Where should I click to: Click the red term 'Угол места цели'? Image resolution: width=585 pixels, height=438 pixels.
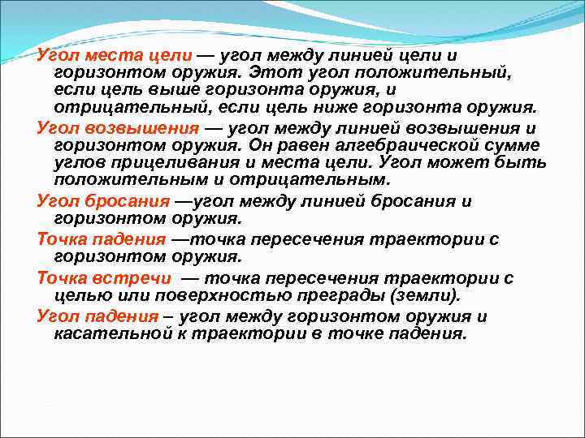tap(115, 55)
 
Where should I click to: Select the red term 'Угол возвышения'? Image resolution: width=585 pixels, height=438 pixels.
tap(118, 128)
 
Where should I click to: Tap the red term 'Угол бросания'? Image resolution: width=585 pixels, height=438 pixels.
tap(102, 201)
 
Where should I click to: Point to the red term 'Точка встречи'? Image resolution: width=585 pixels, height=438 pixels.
tap(102, 277)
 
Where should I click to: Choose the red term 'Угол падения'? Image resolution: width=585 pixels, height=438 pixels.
tap(98, 316)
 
